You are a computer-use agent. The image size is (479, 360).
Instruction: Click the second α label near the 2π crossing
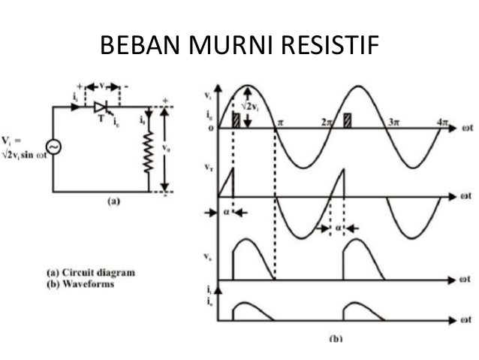[x=338, y=225]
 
